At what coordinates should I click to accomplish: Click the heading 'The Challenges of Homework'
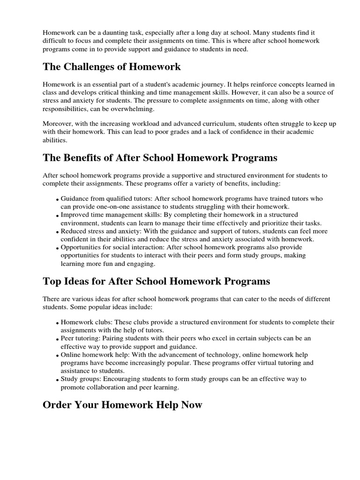112,67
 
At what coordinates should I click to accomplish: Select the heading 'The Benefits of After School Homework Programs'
160,157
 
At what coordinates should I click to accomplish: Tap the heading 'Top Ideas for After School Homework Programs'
156,281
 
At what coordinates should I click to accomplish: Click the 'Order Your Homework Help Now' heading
122,405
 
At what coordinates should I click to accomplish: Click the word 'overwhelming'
133,108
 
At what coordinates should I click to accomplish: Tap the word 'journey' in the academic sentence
210,84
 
